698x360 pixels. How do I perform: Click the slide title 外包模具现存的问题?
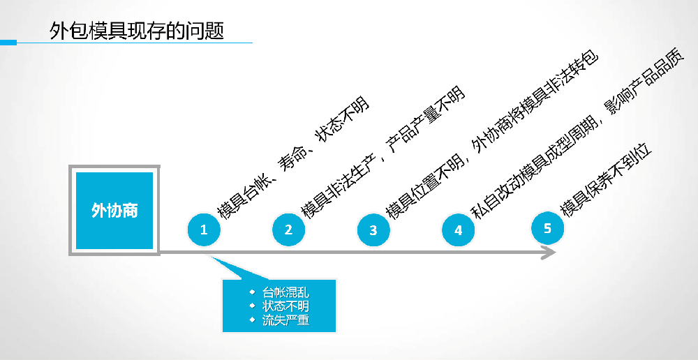pyautogui.click(x=137, y=31)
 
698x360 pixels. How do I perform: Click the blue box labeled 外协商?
pyautogui.click(x=114, y=210)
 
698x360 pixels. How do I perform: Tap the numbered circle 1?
pyautogui.click(x=204, y=229)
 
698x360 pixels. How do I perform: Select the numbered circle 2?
pyautogui.click(x=288, y=229)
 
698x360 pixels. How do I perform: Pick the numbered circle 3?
pyautogui.click(x=373, y=230)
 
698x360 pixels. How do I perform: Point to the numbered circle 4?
pyautogui.click(x=458, y=230)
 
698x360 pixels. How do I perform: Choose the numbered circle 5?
pyautogui.click(x=547, y=227)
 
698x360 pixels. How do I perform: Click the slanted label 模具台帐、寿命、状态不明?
pyautogui.click(x=293, y=158)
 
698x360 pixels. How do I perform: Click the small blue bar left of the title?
pyautogui.click(x=8, y=43)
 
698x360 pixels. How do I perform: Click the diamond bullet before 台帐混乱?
pyautogui.click(x=252, y=292)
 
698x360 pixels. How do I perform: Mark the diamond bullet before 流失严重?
pyautogui.click(x=252, y=320)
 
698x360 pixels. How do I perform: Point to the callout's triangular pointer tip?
pyautogui.click(x=210, y=255)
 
